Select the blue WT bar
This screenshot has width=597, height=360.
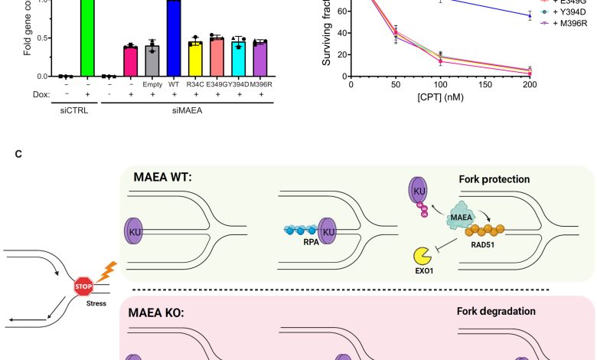(x=174, y=38)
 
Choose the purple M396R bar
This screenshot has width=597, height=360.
(x=259, y=59)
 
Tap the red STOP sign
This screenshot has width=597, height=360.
(x=83, y=287)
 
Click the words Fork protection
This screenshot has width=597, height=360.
(x=494, y=180)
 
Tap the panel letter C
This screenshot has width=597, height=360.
(x=18, y=154)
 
